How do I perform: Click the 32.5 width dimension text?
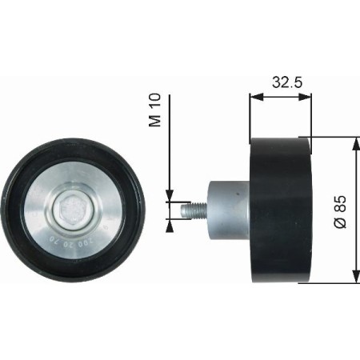(x=279, y=81)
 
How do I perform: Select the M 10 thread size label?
(x=156, y=110)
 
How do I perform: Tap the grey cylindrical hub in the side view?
(x=226, y=210)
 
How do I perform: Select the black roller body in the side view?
(x=280, y=210)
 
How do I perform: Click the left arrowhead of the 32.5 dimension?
(x=254, y=96)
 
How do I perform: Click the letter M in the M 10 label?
(x=156, y=122)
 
